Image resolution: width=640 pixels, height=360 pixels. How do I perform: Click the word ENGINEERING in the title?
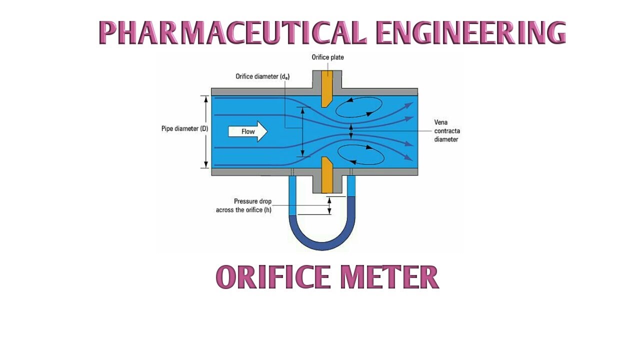470,33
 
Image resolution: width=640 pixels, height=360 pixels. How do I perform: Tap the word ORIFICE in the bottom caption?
273,277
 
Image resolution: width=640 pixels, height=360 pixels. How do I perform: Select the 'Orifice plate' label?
327,57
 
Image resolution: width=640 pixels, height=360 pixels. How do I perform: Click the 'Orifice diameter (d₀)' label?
262,76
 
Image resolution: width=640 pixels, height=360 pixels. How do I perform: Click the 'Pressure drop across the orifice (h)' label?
244,205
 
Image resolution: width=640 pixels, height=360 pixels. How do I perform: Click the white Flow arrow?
247,131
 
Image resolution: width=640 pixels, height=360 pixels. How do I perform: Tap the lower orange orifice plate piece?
326,175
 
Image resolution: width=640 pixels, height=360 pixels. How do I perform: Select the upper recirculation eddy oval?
358,106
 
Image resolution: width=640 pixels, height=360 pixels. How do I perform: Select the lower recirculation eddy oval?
361,155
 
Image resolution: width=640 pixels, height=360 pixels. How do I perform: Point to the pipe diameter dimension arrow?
205,131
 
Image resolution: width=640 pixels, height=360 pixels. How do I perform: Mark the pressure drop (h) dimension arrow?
329,205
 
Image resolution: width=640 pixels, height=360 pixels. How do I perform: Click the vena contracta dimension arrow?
351,131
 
